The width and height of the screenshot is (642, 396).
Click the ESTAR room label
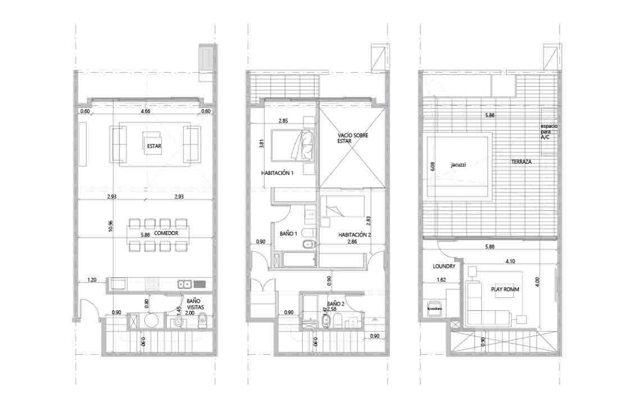[154, 145]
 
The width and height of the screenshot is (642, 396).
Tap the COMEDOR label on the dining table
[165, 234]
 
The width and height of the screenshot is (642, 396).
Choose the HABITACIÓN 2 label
[355, 235]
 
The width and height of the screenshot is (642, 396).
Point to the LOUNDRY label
[444, 266]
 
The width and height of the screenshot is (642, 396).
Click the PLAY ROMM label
[505, 289]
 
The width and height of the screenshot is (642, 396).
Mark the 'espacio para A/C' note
[549, 131]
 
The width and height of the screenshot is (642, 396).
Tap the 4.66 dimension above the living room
[144, 112]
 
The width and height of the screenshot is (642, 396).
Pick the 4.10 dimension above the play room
[511, 262]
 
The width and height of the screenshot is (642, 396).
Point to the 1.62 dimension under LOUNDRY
[441, 280]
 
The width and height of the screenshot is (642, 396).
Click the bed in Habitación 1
[292, 144]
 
